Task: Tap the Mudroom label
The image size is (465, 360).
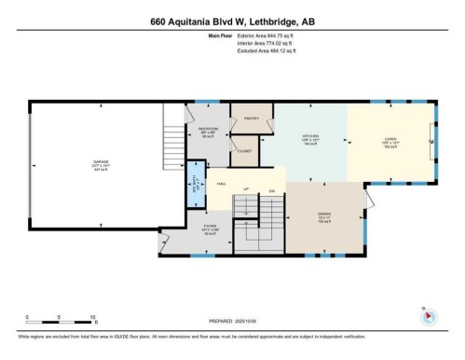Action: [x=209, y=132]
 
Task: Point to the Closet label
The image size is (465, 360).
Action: [x=245, y=149]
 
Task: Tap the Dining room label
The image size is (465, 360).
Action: [x=325, y=218]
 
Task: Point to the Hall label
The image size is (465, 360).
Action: [x=222, y=184]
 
